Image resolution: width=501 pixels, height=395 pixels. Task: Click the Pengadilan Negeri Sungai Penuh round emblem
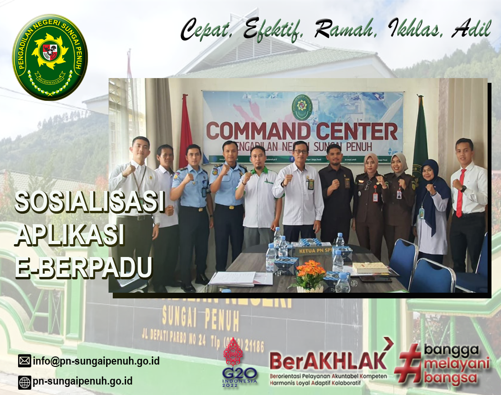49,57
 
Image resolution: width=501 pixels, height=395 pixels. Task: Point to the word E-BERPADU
84,267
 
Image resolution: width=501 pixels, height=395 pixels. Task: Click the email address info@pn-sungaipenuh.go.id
96,361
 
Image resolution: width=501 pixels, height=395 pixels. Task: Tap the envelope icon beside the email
24,361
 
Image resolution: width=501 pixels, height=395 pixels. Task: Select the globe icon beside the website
24,382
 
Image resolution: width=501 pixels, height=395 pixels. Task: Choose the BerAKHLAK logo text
328,361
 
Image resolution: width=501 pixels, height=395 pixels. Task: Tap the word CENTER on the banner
351,131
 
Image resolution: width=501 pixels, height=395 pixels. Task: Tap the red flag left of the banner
185,128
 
